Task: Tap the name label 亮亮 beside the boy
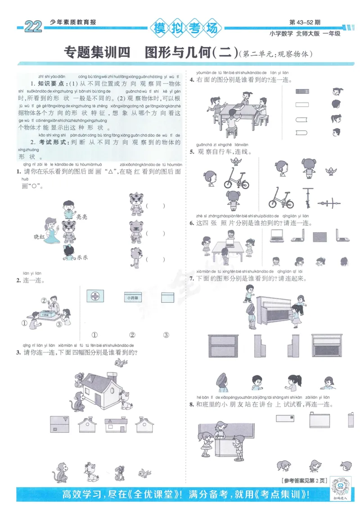pos(81,216)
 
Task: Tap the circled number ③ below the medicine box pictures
pos(166,335)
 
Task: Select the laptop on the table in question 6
pos(230,242)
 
